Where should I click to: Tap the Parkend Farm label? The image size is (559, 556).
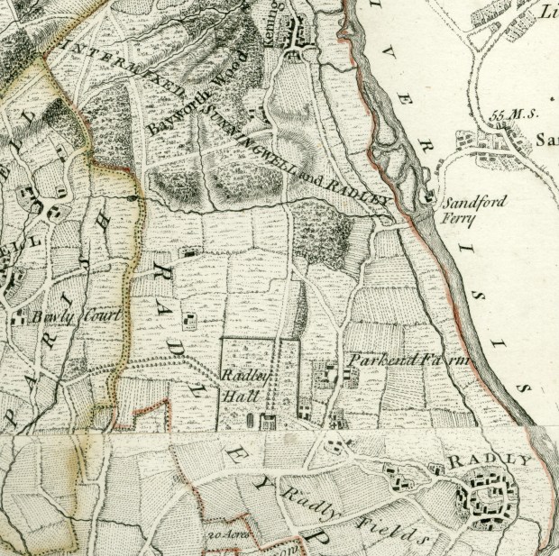(411, 360)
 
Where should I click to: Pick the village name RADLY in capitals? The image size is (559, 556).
(487, 460)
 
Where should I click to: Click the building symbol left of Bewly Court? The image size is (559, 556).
(18, 316)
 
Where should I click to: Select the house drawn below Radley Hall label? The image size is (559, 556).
(267, 419)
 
